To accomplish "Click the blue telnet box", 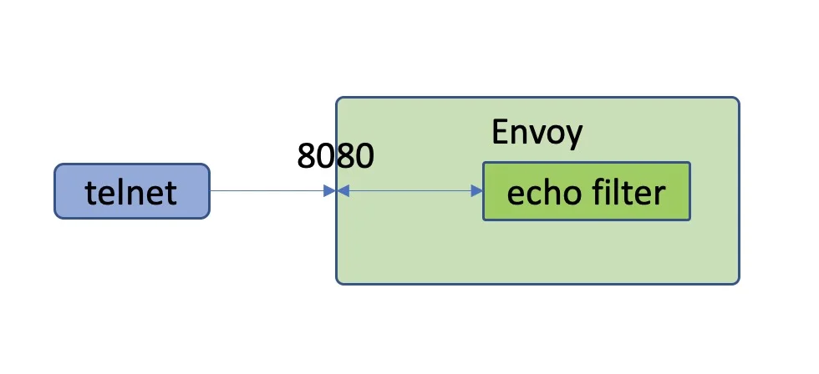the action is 132,191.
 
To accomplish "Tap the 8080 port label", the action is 335,155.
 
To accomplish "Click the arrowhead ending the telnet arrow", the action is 329,191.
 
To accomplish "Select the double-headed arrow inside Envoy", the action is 409,191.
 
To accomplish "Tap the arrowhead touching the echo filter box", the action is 477,191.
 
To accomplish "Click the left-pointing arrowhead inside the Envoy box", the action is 343,191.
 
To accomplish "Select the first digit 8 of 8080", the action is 306,155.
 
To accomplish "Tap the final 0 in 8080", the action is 365,155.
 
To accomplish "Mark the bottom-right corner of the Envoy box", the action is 739,284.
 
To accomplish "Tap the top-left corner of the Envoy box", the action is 336,98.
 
